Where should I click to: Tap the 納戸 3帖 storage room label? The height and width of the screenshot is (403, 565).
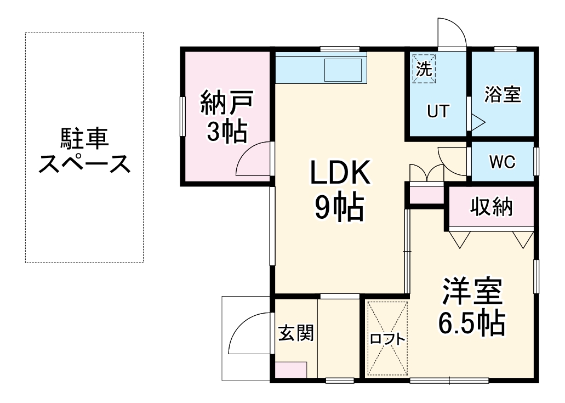click(226, 117)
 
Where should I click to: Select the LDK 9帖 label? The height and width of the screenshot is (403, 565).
click(340, 189)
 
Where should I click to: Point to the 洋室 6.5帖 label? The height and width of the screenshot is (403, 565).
click(471, 307)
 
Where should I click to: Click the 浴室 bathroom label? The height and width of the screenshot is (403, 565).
click(502, 94)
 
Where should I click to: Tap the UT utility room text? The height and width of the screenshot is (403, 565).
click(438, 111)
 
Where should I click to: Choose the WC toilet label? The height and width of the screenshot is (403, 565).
click(502, 162)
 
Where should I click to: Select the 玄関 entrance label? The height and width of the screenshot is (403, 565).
click(296, 333)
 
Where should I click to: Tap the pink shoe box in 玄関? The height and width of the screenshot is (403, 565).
click(291, 370)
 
